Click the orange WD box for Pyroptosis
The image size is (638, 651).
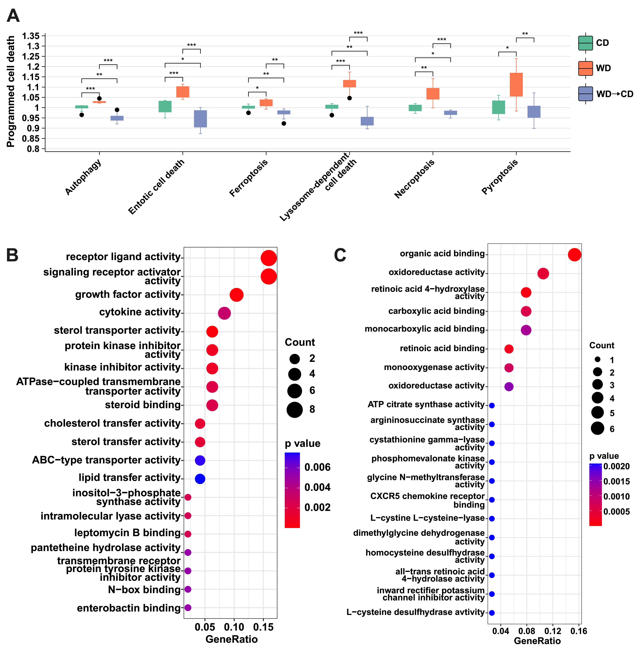[516, 85]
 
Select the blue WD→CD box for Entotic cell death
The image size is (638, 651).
[200, 119]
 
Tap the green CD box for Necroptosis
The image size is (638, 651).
[415, 108]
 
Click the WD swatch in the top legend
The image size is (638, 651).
[585, 68]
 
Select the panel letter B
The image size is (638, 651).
[12, 255]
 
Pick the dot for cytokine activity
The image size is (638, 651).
[224, 313]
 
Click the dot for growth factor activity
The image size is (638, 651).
[237, 295]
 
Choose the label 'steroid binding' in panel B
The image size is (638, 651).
[143, 405]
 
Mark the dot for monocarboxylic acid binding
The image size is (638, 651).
[526, 330]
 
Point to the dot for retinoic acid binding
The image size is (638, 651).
[509, 349]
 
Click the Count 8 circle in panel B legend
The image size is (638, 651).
[295, 410]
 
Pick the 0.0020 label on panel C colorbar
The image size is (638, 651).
[617, 466]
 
